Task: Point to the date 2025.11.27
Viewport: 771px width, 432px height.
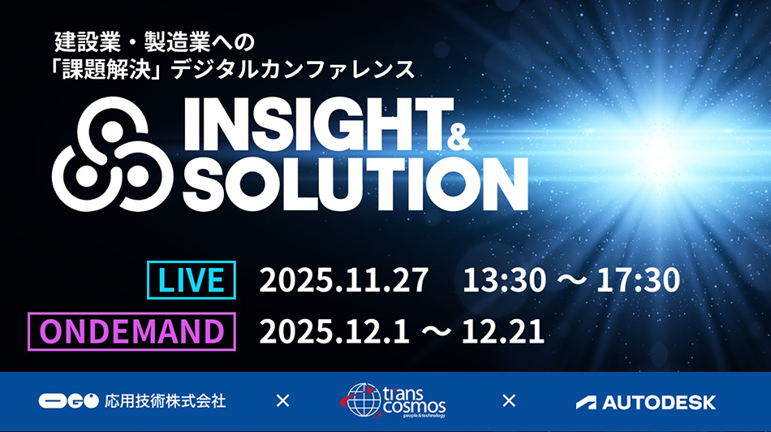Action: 343,281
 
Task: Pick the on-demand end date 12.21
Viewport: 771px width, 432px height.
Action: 504,331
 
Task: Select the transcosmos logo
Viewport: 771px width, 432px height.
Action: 393,401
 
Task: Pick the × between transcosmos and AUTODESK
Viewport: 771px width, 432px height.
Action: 509,400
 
